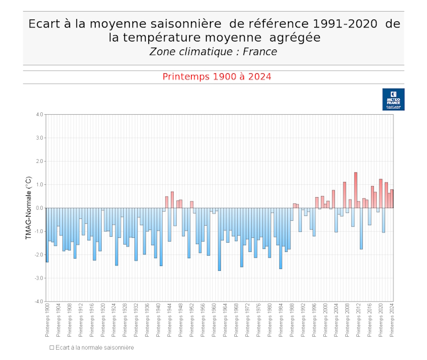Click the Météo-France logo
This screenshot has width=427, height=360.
pos(393,99)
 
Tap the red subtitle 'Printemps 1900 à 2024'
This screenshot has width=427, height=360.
pos(217,77)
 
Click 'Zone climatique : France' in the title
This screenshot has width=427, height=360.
pos(213,52)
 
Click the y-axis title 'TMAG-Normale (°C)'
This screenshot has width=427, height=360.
pos(28,207)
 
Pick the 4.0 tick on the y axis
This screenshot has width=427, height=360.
pos(39,114)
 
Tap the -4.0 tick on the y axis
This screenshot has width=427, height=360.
pos(38,301)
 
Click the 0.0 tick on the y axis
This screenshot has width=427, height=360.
pos(39,208)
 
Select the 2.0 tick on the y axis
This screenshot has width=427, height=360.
pos(39,161)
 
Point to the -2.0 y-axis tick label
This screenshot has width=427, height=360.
pos(38,254)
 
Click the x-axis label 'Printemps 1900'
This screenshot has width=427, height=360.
pos(47,321)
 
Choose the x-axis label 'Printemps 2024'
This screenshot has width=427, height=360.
pos(392,321)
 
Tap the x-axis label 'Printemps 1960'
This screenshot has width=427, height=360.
pos(214,321)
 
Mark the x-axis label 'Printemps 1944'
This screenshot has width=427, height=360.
pos(170,321)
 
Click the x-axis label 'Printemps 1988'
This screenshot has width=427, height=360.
pos(292,321)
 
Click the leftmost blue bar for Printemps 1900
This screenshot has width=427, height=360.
pos(47,235)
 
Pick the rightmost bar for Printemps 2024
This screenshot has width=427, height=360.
pos(392,199)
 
